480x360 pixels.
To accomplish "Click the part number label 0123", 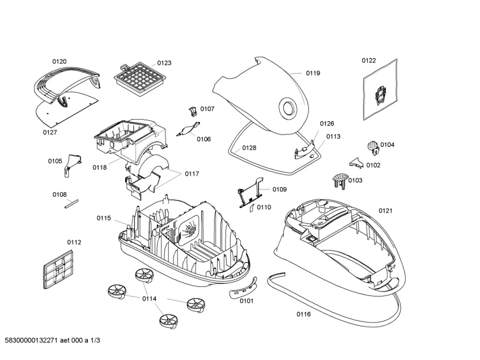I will coord(164,63).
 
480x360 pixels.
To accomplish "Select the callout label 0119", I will coord(313,73).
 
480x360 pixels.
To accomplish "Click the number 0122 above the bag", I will coord(369,60).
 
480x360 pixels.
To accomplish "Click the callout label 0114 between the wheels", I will coord(149,299).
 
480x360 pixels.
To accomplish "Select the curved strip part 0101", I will coord(242,287).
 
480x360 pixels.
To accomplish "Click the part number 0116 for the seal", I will coord(304,314).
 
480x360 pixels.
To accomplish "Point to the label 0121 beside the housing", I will coord(385,211).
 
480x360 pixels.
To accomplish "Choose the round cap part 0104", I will coord(372,146).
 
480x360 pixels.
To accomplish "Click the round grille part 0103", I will coord(338,180).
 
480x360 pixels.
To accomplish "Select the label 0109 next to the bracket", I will coord(279,189).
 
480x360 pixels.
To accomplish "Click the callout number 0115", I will coord(104,218).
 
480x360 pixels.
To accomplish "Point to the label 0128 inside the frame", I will coord(249,147).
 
